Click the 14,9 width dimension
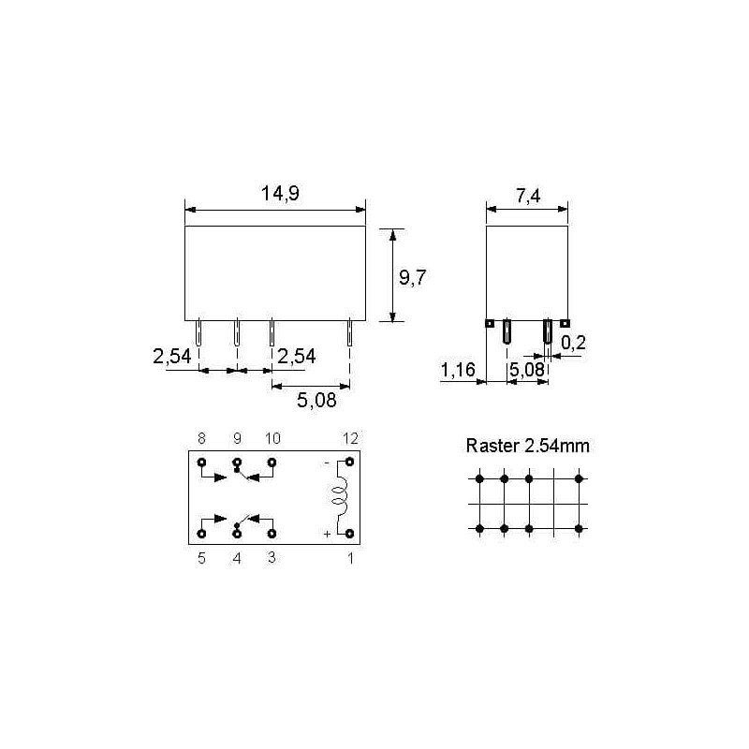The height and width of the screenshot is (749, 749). click(280, 194)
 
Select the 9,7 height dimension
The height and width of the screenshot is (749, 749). click(412, 277)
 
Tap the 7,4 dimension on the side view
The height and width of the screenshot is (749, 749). click(528, 196)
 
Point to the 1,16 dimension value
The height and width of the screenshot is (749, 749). click(458, 370)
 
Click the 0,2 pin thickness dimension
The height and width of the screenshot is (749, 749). click(573, 343)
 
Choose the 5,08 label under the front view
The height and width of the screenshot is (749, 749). click(316, 401)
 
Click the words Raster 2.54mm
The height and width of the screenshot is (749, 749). click(527, 446)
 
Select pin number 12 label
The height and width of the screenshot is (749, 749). click(350, 438)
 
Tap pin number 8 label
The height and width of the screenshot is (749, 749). click(201, 438)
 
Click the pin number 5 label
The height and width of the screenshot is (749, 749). click(201, 558)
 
